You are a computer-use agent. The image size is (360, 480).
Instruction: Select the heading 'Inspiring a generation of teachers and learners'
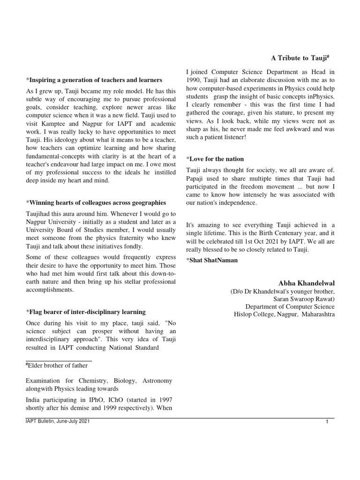[x=94, y=80]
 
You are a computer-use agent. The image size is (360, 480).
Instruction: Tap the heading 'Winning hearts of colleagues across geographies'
[x=96, y=202]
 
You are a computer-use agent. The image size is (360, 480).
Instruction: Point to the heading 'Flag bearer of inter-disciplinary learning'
[x=86, y=312]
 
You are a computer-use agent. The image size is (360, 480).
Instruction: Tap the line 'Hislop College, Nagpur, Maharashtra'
[x=285, y=314]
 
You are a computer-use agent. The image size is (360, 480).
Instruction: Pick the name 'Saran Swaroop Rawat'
[x=304, y=299]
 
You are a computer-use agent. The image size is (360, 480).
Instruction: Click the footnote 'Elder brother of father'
[x=57, y=365]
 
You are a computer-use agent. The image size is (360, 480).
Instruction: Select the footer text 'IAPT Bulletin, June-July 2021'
[x=57, y=421]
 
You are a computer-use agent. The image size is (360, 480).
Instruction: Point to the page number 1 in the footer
[x=327, y=423]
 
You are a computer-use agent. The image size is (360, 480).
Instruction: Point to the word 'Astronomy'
[x=157, y=381]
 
